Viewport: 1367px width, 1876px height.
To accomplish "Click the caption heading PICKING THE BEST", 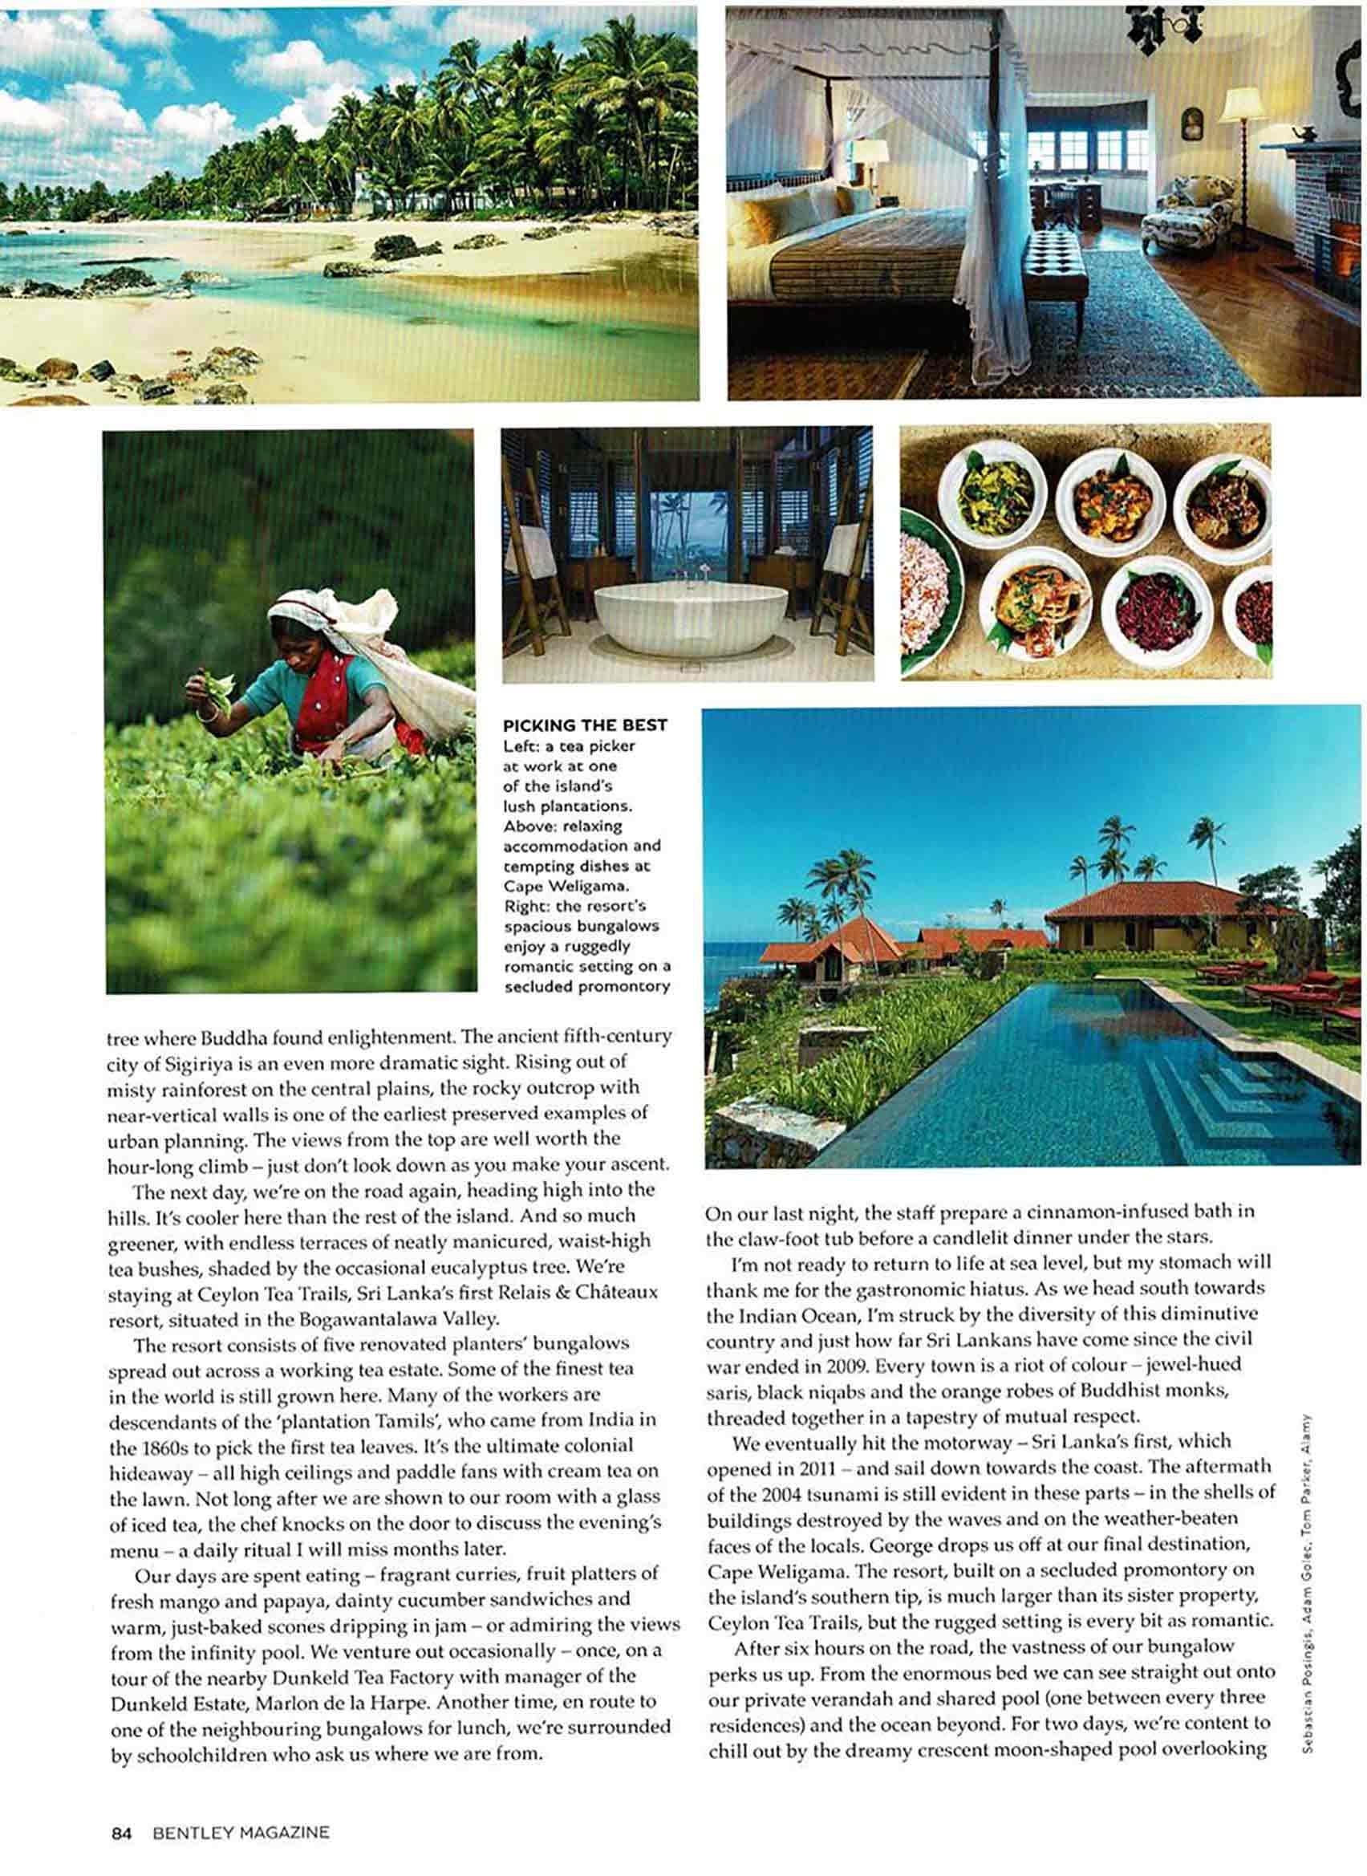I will (x=585, y=725).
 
